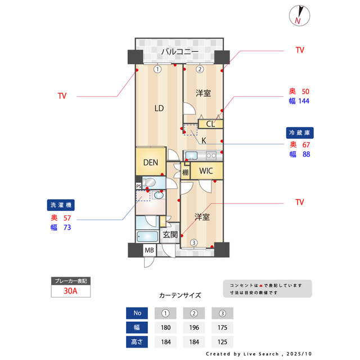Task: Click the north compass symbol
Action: pyautogui.click(x=298, y=15)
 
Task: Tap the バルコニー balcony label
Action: pyautogui.click(x=179, y=52)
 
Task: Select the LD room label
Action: pyautogui.click(x=159, y=108)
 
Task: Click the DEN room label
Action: pyautogui.click(x=150, y=163)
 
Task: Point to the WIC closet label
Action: pyautogui.click(x=206, y=171)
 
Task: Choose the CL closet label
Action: pyautogui.click(x=210, y=124)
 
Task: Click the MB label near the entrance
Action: pyautogui.click(x=150, y=251)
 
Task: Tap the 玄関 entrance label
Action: pyautogui.click(x=170, y=235)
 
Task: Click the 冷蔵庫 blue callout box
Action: pyautogui.click(x=300, y=133)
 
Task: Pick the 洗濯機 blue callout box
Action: pyautogui.click(x=61, y=206)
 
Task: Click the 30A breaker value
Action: pyautogui.click(x=70, y=291)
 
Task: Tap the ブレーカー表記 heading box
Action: pyautogui.click(x=70, y=280)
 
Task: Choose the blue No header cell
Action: pyautogui.click(x=137, y=313)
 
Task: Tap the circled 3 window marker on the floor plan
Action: pyautogui.click(x=193, y=243)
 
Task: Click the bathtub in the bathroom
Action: pyautogui.click(x=147, y=237)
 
